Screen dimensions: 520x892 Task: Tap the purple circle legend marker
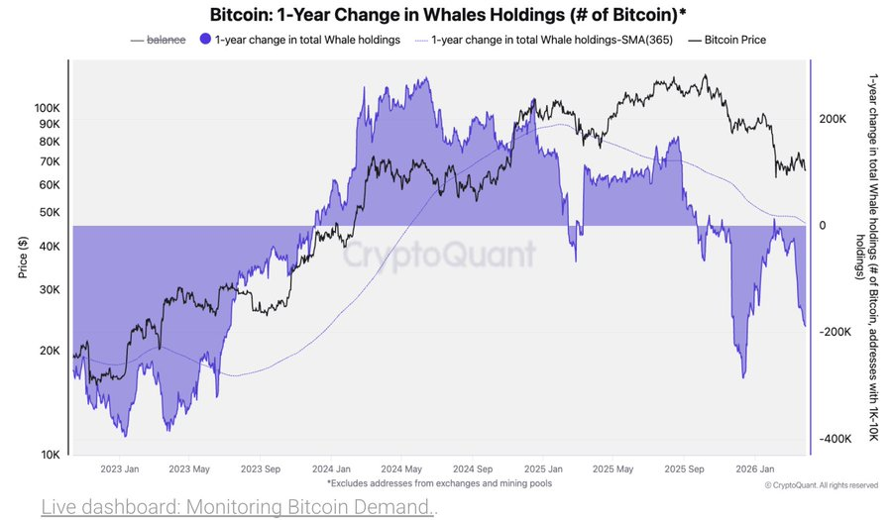pos(205,40)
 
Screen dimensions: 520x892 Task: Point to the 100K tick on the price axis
pos(47,107)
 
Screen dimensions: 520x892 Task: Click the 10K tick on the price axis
pos(50,455)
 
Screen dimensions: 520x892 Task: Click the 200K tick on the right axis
pos(833,119)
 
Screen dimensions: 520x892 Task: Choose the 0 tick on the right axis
pos(822,226)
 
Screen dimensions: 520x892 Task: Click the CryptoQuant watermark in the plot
pos(439,255)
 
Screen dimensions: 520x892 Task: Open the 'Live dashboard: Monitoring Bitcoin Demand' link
pos(238,507)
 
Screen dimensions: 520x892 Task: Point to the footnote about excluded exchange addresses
pos(439,483)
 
